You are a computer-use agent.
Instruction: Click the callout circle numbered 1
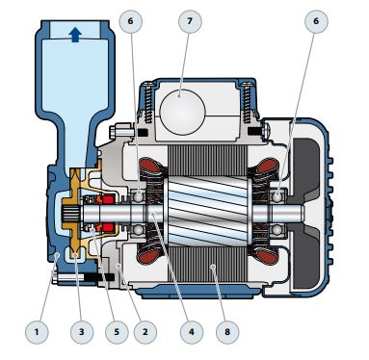pyautogui.click(x=37, y=331)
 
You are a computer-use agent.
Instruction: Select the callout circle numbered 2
pyautogui.click(x=145, y=331)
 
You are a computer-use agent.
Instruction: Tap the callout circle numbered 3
pyautogui.click(x=82, y=331)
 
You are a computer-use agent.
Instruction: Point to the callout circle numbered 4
pyautogui.click(x=192, y=331)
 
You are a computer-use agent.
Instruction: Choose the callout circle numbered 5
pyautogui.click(x=117, y=331)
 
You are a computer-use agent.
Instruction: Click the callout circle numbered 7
pyautogui.click(x=190, y=21)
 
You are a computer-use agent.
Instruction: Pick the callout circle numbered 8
pyautogui.click(x=227, y=331)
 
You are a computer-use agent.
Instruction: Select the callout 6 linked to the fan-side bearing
pyautogui.click(x=316, y=21)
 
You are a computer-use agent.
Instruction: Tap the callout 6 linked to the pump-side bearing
pyautogui.click(x=130, y=21)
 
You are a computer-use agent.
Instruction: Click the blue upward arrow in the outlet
pyautogui.click(x=75, y=34)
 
